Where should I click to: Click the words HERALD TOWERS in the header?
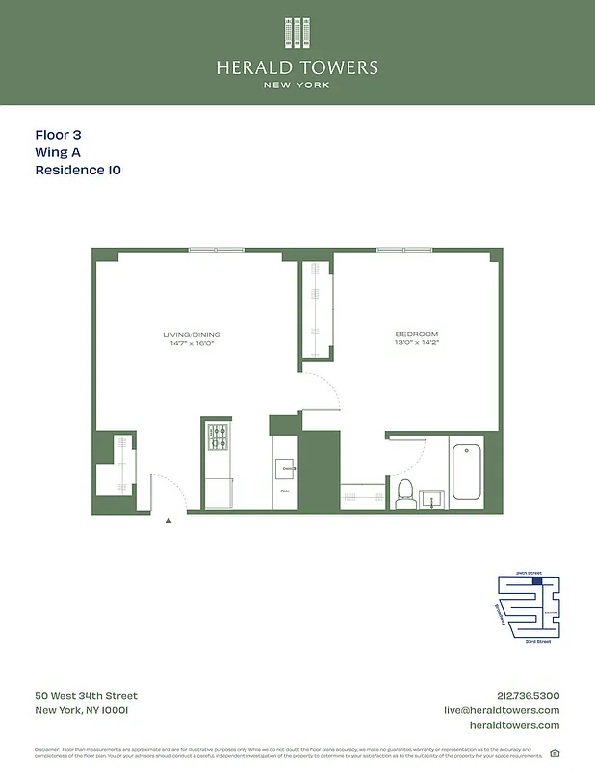[x=297, y=67]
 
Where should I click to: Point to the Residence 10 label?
[x=78, y=170]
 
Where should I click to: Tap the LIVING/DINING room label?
[x=187, y=334]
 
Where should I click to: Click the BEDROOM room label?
[x=416, y=334]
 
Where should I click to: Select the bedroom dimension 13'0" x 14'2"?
[x=416, y=343]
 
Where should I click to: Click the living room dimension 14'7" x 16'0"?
[x=187, y=343]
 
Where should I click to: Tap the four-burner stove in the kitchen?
[x=218, y=438]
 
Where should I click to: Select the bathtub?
[x=467, y=471]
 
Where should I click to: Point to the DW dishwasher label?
[x=285, y=492]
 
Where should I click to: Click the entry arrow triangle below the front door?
[x=168, y=520]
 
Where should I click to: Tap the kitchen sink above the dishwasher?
[x=286, y=469]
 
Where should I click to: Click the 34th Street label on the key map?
[x=529, y=572]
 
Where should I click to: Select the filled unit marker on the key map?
[x=538, y=580]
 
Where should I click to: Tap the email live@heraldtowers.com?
[x=501, y=710]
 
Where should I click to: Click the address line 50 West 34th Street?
[x=86, y=696]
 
